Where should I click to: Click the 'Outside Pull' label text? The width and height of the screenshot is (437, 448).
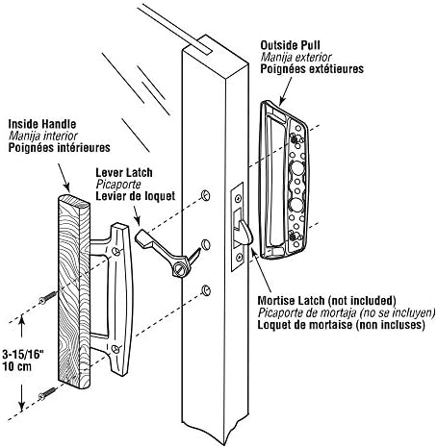point(290,45)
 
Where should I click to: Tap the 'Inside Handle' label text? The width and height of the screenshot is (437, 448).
point(42,124)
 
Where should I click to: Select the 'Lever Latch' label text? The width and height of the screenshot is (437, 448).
point(124,173)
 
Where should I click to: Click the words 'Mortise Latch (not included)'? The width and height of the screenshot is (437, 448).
point(326,301)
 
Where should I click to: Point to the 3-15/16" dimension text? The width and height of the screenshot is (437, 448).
point(23,355)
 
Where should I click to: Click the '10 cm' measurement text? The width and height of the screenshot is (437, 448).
point(17,366)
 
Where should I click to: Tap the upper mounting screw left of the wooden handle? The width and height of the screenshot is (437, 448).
point(48,297)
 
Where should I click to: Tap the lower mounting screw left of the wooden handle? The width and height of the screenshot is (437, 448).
point(47,393)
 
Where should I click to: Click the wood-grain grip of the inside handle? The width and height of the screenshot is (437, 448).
point(74,291)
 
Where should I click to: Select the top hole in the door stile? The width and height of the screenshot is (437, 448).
point(205,195)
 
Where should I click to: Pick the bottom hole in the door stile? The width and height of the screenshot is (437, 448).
point(205,290)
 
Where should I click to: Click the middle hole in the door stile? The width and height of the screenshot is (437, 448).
point(205,245)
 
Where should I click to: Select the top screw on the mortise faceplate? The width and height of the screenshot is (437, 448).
point(238,199)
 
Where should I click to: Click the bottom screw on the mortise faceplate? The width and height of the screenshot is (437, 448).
point(238,257)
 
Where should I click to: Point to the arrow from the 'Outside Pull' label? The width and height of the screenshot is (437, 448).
point(286,90)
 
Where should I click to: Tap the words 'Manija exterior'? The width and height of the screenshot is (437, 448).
point(296,57)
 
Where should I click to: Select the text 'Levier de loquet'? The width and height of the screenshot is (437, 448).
point(136,196)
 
